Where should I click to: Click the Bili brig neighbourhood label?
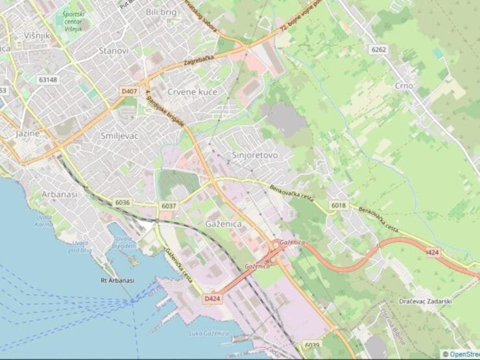162,12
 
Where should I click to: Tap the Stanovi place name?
114,51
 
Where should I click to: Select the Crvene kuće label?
192,92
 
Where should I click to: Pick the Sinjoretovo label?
255,156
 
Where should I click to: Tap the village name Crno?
403,86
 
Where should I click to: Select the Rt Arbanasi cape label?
117,280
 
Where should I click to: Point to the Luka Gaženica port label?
208,333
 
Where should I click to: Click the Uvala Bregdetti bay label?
124,242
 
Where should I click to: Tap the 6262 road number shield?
379,49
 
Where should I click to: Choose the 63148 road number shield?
47,80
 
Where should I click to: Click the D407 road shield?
129,92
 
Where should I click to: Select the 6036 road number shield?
123,202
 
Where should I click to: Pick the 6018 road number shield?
338,205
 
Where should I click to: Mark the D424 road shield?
211,298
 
